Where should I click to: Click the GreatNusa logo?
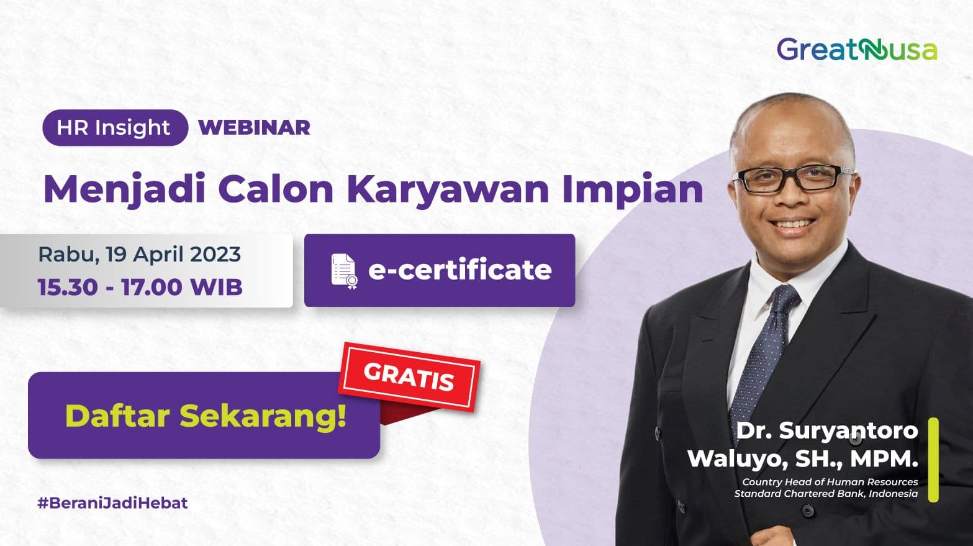point(856,50)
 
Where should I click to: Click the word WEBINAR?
point(254,127)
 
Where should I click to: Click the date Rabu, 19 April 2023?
point(140,254)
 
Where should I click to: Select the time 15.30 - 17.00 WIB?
point(140,287)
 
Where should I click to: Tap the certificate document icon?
point(344,271)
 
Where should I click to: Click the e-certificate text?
point(459,270)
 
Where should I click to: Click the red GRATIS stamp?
point(409,376)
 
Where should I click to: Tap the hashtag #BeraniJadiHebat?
point(112,503)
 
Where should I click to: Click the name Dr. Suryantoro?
point(826,430)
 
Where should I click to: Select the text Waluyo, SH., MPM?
point(802,458)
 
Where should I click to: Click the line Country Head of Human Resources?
point(830,481)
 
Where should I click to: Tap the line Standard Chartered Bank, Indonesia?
point(826,493)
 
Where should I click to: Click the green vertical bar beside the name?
point(933,460)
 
